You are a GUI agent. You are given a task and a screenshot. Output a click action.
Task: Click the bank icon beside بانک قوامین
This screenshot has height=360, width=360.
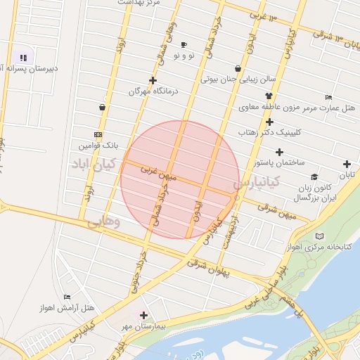[97, 134]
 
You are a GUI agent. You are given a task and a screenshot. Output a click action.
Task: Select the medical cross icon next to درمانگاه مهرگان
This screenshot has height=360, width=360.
[153, 80]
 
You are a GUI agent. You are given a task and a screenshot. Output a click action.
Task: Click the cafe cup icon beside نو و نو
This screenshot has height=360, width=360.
[184, 44]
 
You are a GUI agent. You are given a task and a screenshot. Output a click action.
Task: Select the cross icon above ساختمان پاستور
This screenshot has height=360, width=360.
[280, 152]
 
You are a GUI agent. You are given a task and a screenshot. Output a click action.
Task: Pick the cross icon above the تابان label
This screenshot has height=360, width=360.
[347, 165]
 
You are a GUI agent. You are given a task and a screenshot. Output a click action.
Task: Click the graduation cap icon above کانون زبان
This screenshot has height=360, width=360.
[314, 177]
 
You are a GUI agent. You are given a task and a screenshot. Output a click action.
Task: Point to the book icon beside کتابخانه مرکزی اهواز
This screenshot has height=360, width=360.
[321, 236]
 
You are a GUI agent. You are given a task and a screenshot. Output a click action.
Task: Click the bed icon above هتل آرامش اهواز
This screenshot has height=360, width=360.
[67, 297]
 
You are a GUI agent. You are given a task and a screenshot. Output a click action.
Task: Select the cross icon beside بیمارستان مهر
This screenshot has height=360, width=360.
[144, 316]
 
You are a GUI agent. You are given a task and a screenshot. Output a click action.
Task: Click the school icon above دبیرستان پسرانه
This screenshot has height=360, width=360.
[23, 58]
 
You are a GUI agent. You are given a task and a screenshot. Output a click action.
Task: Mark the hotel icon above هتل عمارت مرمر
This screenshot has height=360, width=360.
[328, 97]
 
